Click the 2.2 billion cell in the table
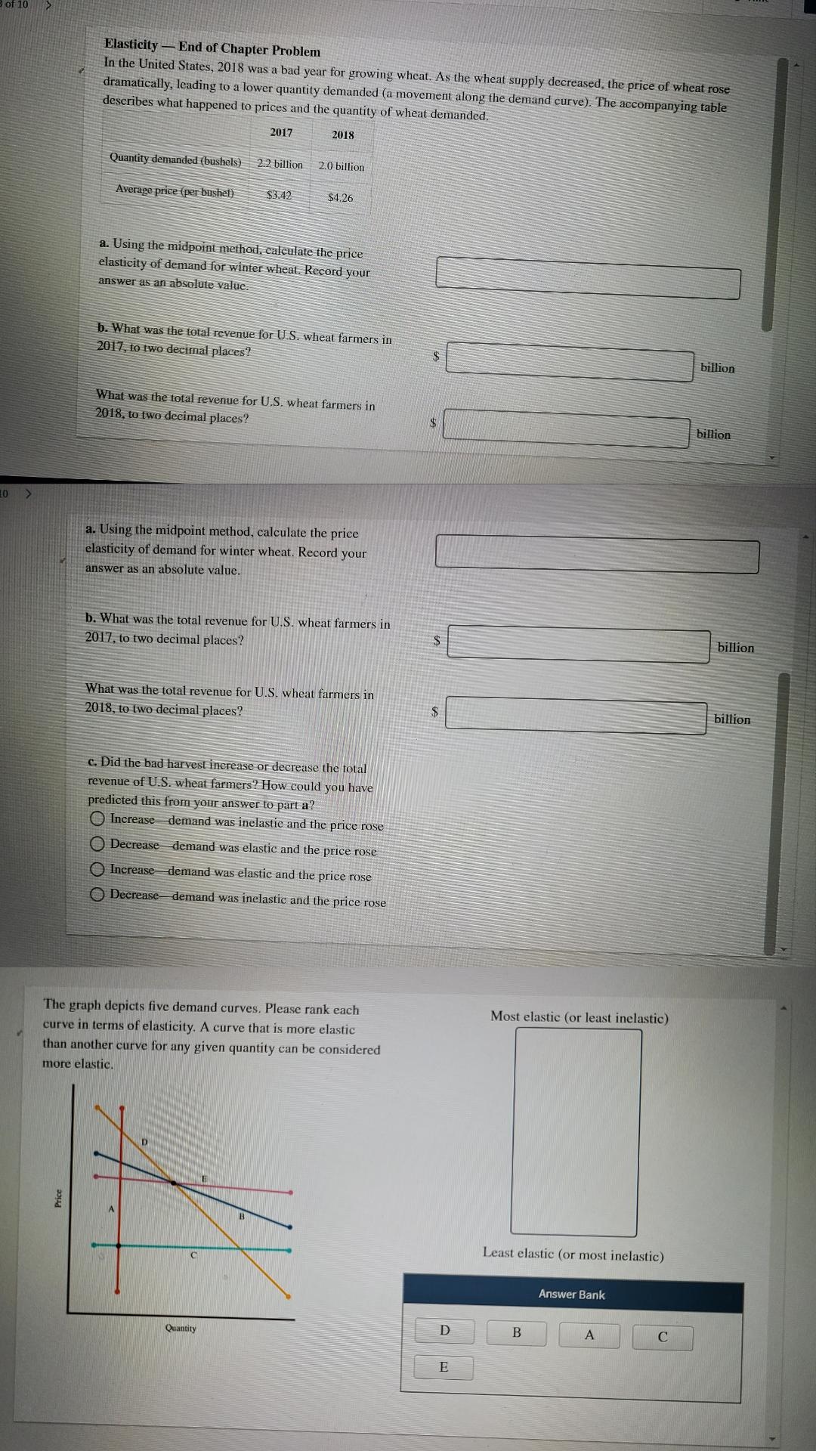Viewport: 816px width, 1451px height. [x=280, y=164]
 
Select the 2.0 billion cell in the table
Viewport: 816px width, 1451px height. [x=342, y=166]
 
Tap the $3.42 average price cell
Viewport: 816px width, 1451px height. [x=279, y=195]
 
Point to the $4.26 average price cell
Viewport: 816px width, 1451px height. [x=340, y=197]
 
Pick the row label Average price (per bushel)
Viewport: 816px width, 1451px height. [x=175, y=190]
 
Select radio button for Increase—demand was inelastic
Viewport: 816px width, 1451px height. [x=97, y=819]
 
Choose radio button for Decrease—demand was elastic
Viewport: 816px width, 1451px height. [x=97, y=844]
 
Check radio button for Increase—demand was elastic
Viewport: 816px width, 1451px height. [x=97, y=870]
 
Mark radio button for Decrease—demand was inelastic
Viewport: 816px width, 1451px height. [x=97, y=895]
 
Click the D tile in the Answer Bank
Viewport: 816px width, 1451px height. [x=444, y=1331]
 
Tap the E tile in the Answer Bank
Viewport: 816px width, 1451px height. [x=444, y=1367]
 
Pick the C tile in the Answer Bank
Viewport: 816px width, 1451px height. [x=663, y=1336]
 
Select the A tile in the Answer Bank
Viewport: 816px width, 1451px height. [x=589, y=1335]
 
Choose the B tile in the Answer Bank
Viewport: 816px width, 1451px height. [x=517, y=1332]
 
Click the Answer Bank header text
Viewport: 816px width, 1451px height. [x=572, y=1295]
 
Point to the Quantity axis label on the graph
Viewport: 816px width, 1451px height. [x=181, y=1328]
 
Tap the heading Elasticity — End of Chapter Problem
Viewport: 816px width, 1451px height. [x=212, y=48]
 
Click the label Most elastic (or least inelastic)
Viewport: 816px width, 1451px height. [x=580, y=1017]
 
